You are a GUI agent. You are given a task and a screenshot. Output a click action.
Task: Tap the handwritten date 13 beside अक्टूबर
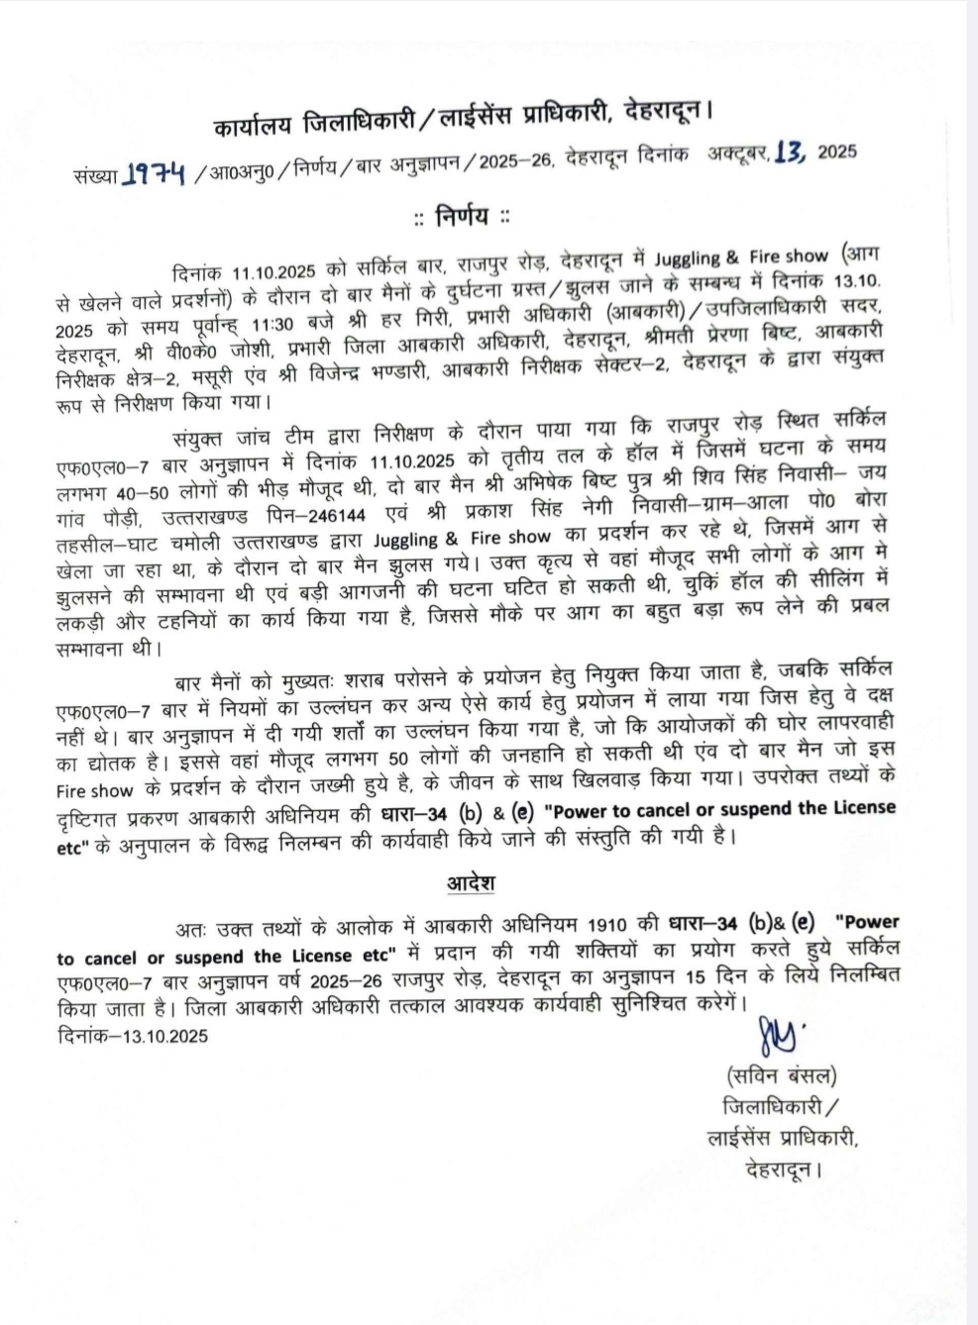click(791, 153)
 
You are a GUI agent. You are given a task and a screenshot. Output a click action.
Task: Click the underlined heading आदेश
click(471, 882)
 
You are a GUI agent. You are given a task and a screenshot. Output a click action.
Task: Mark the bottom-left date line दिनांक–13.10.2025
click(132, 1036)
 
